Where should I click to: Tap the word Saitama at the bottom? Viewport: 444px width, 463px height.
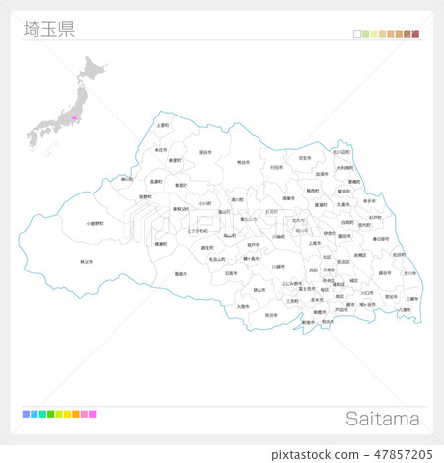coord(383,419)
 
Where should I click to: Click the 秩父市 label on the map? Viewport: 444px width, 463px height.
coord(86,261)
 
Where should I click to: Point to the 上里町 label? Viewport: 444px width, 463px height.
coord(163,126)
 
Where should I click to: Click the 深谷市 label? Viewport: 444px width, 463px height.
coord(204,153)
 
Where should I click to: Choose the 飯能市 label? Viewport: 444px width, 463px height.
coord(180,273)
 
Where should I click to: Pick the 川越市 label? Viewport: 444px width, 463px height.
coord(279,266)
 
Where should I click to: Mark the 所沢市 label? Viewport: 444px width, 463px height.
coord(270,314)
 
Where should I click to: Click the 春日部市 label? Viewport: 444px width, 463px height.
coord(381,239)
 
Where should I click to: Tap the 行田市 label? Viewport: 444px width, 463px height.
coord(276,168)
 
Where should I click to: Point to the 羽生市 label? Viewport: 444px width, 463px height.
coord(304,157)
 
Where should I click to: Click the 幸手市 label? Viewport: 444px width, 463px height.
coord(369,200)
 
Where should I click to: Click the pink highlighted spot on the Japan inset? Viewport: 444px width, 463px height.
coord(72,119)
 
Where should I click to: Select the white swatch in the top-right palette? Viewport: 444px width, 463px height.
coord(356,34)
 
